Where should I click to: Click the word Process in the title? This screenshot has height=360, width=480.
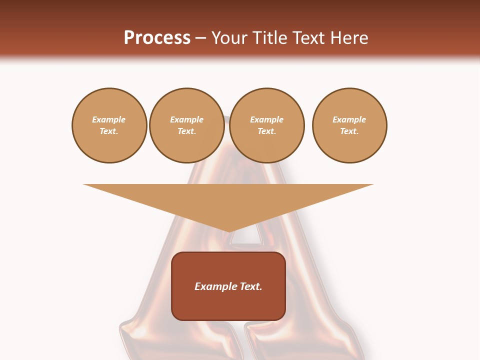coord(157,38)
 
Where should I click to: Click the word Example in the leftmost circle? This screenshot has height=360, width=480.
coord(109,119)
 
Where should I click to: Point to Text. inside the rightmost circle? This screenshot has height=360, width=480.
coord(349,131)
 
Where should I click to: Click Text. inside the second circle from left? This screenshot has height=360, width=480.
coord(186,131)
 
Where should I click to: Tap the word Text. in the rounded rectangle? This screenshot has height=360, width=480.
coord(251,286)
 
